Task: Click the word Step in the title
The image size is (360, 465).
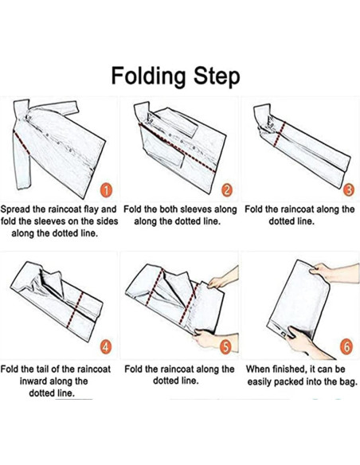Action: click(x=217, y=76)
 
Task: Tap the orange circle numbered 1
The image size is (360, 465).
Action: click(x=107, y=190)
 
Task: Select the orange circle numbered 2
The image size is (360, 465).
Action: click(x=226, y=190)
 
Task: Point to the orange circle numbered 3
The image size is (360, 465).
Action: click(x=349, y=190)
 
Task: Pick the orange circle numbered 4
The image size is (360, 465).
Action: click(x=106, y=346)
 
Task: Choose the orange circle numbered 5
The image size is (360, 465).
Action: click(x=226, y=346)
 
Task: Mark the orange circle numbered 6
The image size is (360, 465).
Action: click(x=346, y=346)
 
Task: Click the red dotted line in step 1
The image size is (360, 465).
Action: click(x=22, y=143)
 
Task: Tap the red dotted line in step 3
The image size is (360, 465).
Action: click(x=280, y=134)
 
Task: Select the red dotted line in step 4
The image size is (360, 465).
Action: click(x=75, y=310)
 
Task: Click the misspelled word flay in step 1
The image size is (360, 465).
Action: click(x=92, y=209)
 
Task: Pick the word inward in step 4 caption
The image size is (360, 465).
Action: click(x=34, y=381)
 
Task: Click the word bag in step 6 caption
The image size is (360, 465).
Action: click(x=348, y=382)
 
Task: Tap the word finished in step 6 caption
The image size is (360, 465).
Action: click(x=288, y=369)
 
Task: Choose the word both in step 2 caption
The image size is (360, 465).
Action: click(x=170, y=209)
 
